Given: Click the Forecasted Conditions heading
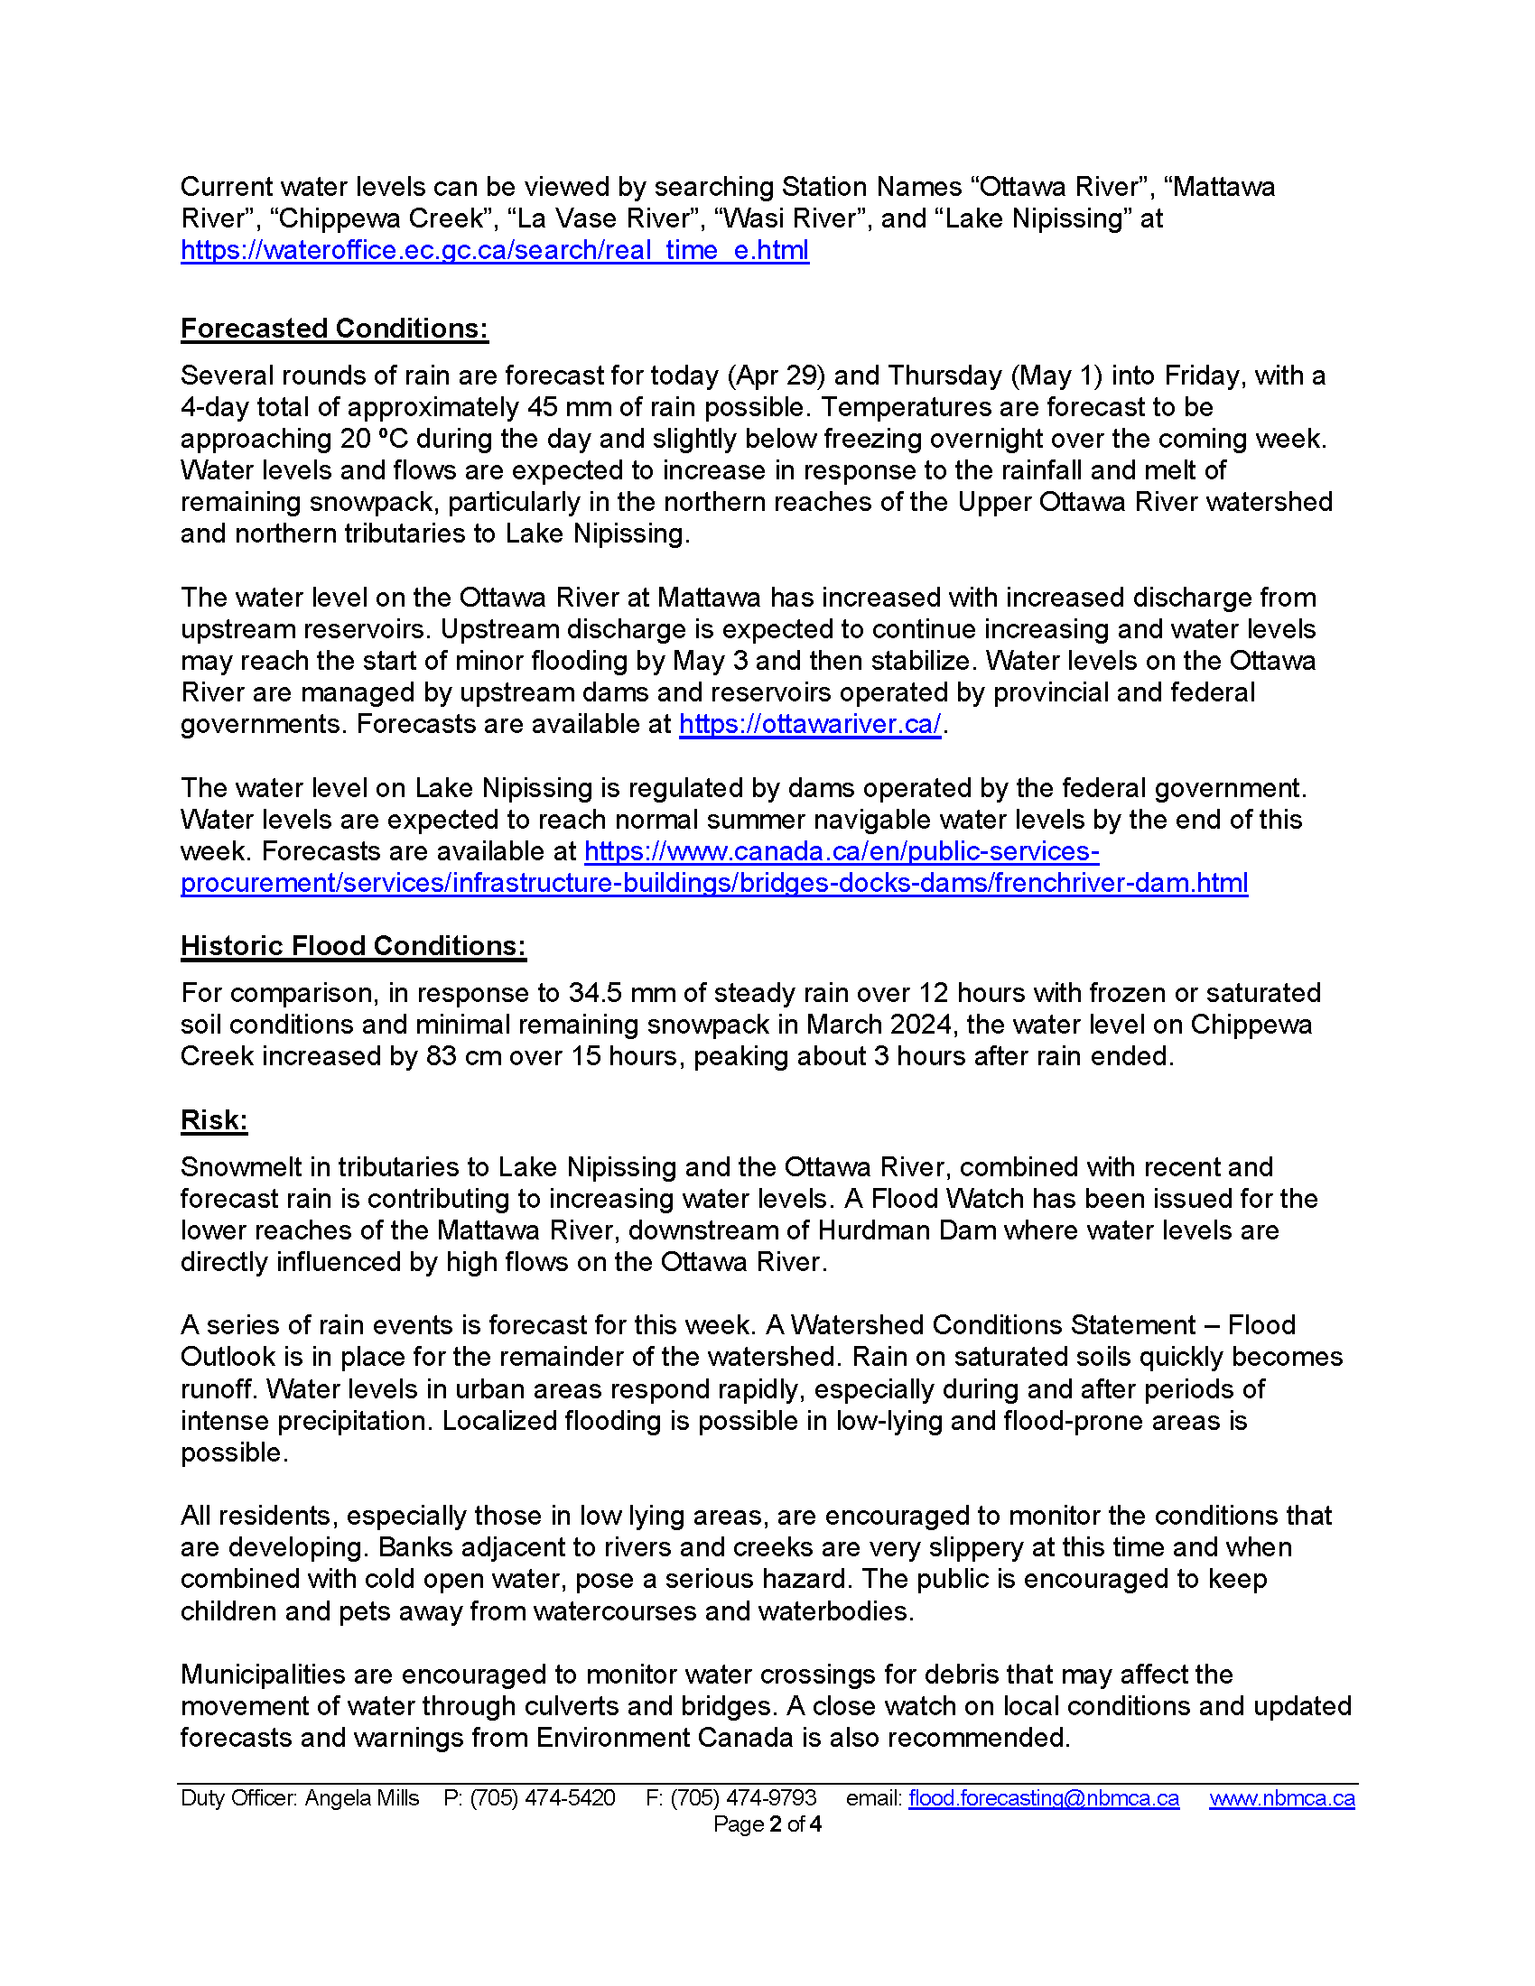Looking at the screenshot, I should coord(334,329).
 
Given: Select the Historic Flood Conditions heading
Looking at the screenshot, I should coord(353,946).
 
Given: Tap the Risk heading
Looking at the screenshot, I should coord(214,1120).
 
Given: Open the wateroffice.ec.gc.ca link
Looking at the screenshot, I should coord(495,250).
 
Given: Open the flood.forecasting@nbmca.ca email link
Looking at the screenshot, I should coord(1043,1797).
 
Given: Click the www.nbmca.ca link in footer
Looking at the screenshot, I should coord(1281,1797).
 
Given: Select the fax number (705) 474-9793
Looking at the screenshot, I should coord(743,1797).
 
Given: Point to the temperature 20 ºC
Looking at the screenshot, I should coord(375,440).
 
